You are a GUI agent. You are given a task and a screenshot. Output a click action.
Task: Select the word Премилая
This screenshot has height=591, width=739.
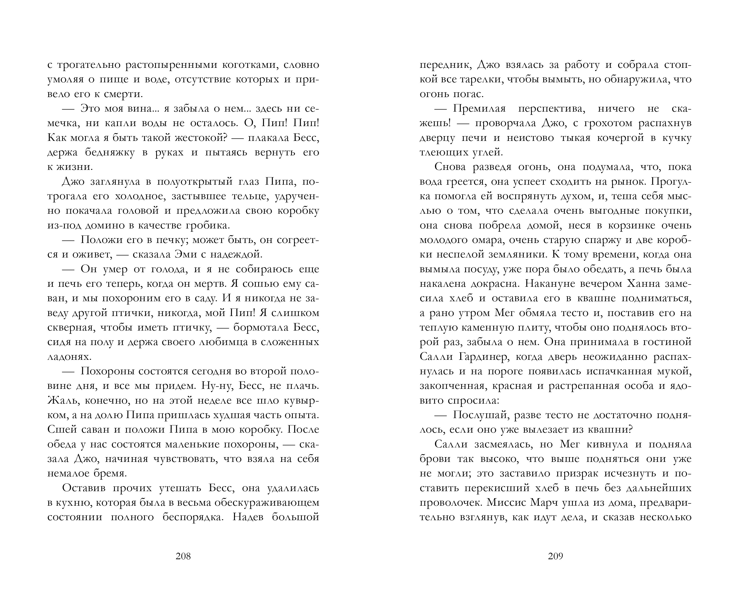(x=479, y=109)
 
